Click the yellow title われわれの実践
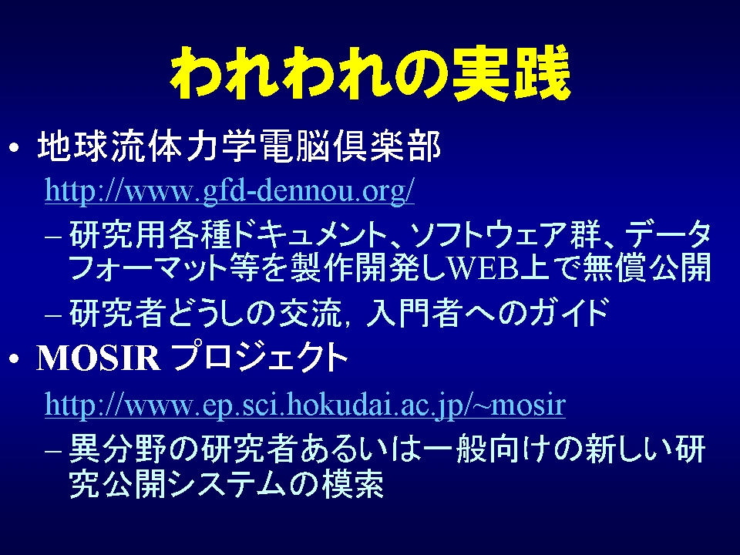[371, 72]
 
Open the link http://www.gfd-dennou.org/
[230, 191]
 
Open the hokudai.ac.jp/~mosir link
[305, 405]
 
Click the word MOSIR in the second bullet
[99, 358]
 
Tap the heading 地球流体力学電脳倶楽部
[239, 146]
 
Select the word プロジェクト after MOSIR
[259, 357]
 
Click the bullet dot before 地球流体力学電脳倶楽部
[15, 148]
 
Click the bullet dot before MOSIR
[15, 359]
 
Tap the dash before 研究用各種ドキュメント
[53, 236]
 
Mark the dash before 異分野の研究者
[53, 449]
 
